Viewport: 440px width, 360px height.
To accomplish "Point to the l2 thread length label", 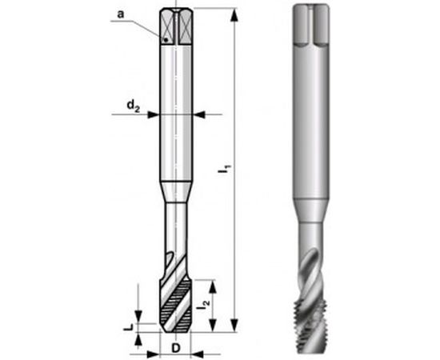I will [x=205, y=303].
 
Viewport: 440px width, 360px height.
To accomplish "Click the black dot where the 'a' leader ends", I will [x=164, y=39].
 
